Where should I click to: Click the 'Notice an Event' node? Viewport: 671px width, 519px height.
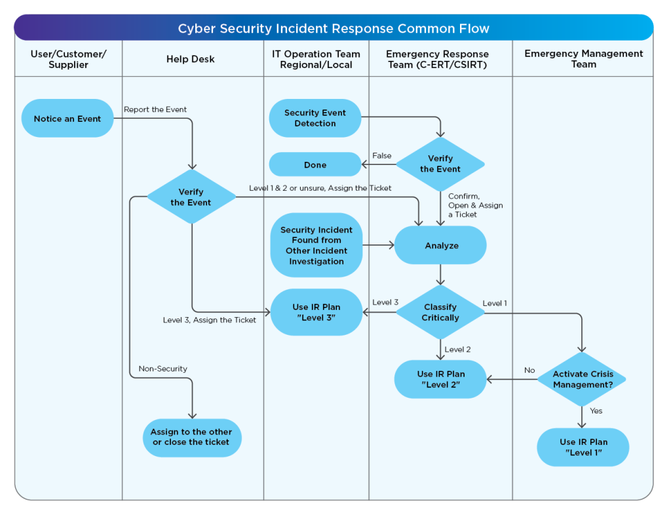[67, 119]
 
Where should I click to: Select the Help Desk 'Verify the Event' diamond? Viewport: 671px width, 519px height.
[191, 197]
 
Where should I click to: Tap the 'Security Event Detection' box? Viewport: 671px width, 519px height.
[315, 118]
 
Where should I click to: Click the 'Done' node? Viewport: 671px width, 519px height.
[315, 164]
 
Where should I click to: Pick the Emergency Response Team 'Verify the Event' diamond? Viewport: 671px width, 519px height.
[440, 164]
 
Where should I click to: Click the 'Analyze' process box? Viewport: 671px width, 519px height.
[440, 246]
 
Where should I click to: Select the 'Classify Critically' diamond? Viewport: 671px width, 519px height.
[440, 312]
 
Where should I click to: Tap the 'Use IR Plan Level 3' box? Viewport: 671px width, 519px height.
[316, 312]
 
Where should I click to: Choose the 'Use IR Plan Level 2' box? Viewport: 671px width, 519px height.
[440, 379]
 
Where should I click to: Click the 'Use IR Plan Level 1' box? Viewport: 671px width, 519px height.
[583, 447]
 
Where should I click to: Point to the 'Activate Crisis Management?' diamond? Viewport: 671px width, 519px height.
[583, 379]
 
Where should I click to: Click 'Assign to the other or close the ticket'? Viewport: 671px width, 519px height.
[191, 437]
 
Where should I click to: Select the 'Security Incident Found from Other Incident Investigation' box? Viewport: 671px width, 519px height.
[316, 245]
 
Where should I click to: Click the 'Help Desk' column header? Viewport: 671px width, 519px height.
[191, 59]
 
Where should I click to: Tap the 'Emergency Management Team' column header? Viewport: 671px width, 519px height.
[583, 59]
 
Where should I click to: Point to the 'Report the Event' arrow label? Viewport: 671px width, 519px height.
[155, 109]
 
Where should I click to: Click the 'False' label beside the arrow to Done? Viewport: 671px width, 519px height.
[381, 156]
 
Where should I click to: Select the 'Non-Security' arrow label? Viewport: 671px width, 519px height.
[163, 369]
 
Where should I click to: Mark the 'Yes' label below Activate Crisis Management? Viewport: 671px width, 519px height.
[596, 411]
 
